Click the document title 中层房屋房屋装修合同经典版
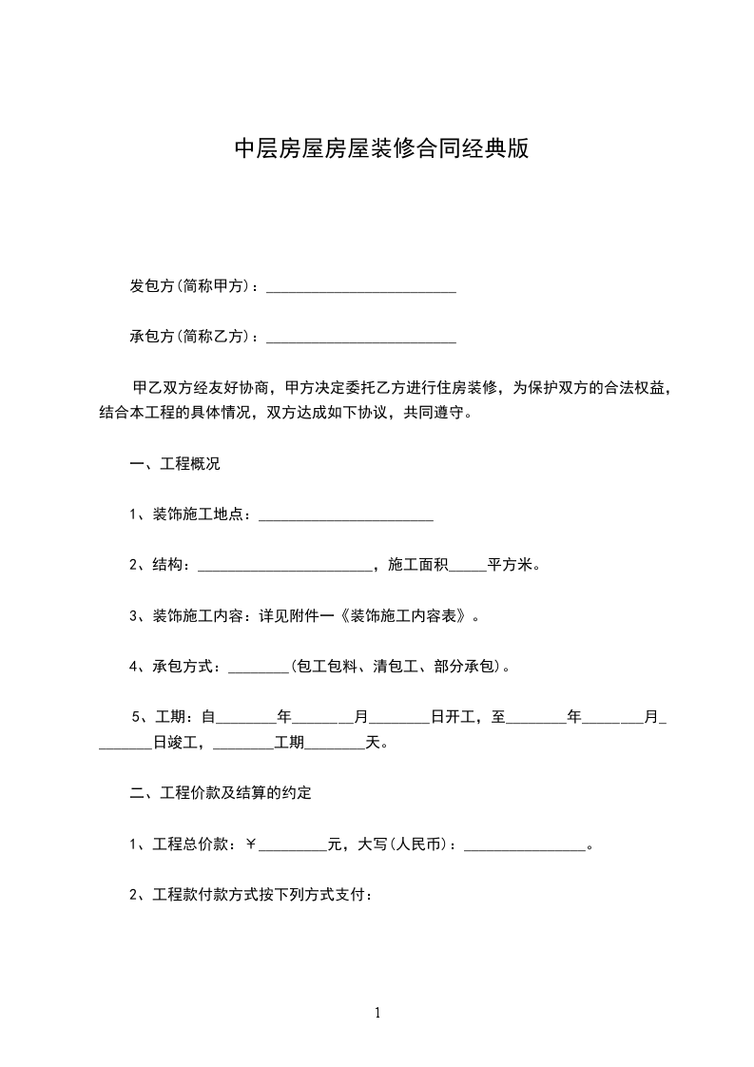(x=380, y=149)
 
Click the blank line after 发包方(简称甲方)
(x=360, y=286)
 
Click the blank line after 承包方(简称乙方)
(x=360, y=337)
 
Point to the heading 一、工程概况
(x=175, y=464)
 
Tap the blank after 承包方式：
(x=259, y=667)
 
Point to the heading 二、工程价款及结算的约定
(x=221, y=793)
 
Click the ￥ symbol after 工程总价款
(x=251, y=844)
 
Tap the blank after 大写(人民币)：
(x=524, y=844)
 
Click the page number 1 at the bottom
(x=377, y=1014)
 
